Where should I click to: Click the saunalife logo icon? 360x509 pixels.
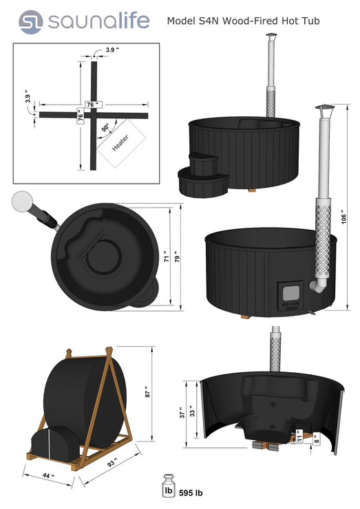pyautogui.click(x=30, y=22)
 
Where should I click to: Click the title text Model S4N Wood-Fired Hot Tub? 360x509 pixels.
pyautogui.click(x=243, y=21)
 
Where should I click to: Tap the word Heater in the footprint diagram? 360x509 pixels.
pyautogui.click(x=120, y=142)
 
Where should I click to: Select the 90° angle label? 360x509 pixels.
pyautogui.click(x=105, y=127)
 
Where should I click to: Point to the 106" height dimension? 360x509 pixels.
pyautogui.click(x=344, y=219)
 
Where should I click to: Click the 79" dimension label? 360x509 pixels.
pyautogui.click(x=178, y=257)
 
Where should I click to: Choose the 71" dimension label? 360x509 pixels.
pyautogui.click(x=167, y=257)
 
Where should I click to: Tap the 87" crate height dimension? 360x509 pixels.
pyautogui.click(x=148, y=392)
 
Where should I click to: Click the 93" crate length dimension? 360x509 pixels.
pyautogui.click(x=113, y=462)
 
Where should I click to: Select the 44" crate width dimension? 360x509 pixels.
pyautogui.click(x=48, y=475)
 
